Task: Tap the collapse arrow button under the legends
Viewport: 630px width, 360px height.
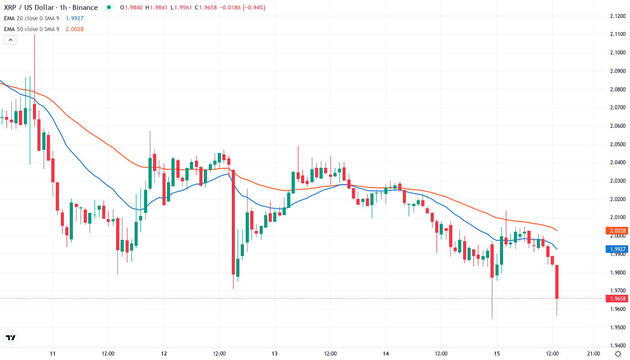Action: click(x=11, y=40)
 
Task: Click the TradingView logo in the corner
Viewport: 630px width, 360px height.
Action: click(x=11, y=337)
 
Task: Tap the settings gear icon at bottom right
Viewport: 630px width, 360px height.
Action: click(x=618, y=353)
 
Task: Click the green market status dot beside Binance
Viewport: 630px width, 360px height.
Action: click(x=108, y=7)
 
